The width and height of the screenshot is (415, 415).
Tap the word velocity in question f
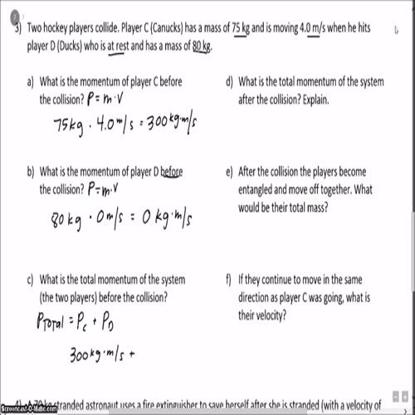point(271,316)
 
